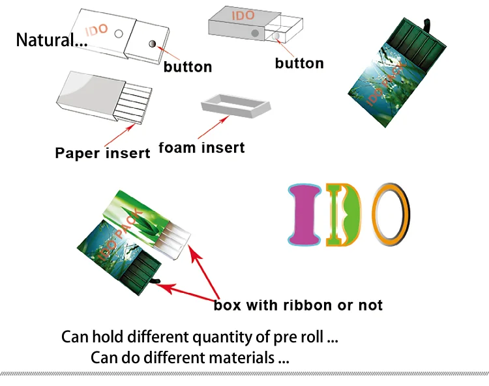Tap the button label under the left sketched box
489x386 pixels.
coord(188,66)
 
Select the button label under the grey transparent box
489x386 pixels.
coord(299,63)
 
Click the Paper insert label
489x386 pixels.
coord(102,153)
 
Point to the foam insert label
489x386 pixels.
coord(202,148)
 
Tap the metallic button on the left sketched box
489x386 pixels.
coord(151,44)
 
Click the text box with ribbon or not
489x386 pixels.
coord(298,305)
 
